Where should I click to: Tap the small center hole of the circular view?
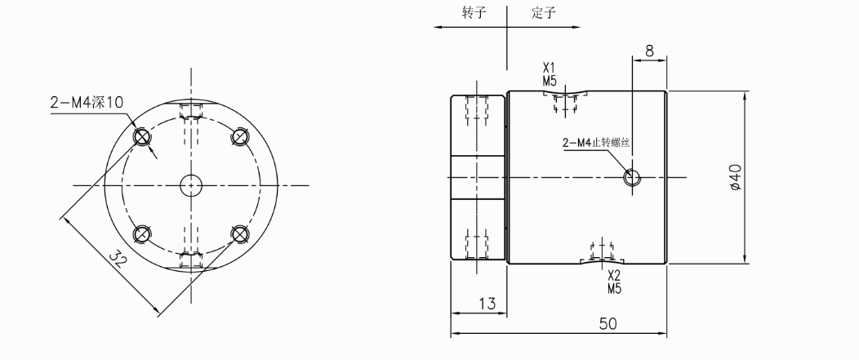pos(192,184)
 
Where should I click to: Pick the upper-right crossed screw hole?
pos(239,137)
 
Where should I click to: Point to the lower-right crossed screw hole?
pos(239,234)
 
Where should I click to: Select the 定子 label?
pos(543,15)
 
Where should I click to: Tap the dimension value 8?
pos(649,51)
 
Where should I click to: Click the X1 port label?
pos(549,69)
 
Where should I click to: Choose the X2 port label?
pos(615,276)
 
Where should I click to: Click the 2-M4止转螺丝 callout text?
pos(599,144)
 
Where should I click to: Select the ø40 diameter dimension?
pos(736,177)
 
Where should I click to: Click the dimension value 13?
pos(487,304)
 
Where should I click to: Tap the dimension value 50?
pos(607,323)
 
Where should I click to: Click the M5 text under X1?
pos(549,81)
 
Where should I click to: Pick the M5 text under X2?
pos(615,288)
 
